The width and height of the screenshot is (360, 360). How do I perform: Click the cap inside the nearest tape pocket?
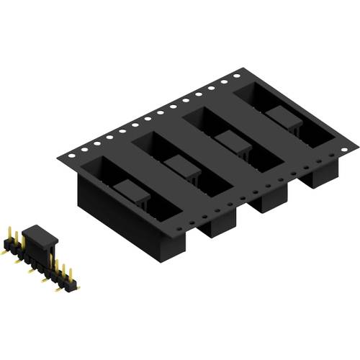132,193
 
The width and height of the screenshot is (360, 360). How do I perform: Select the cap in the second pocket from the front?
182,167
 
